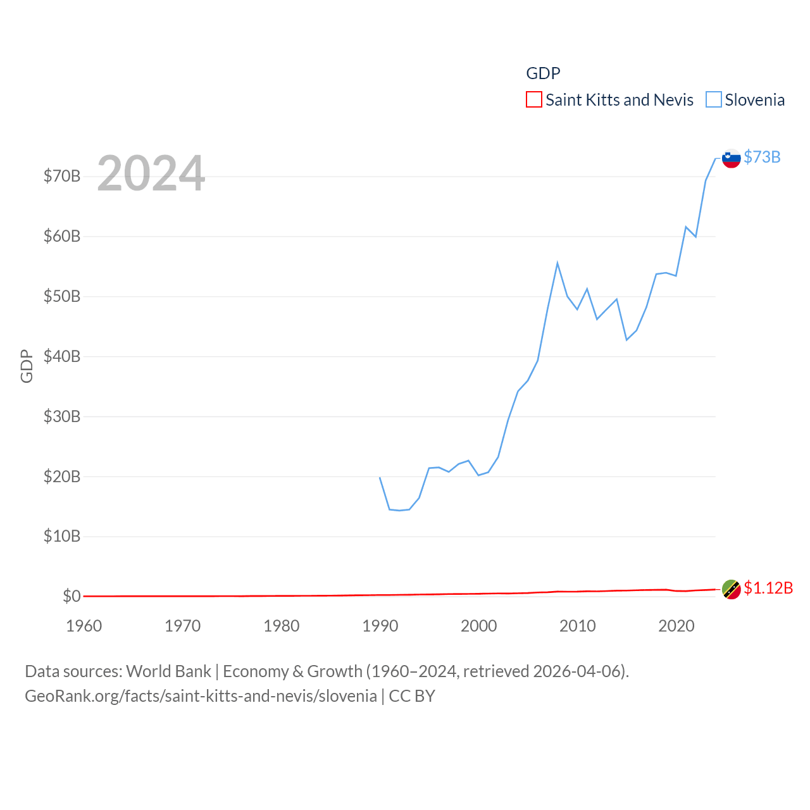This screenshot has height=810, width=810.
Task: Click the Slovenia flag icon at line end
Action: tap(731, 158)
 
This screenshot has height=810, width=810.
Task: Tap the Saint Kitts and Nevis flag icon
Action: tap(731, 589)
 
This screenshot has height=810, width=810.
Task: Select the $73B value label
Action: tap(762, 157)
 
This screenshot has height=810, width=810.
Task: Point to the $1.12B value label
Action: tap(768, 588)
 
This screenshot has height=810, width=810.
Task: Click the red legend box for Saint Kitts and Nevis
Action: tap(534, 100)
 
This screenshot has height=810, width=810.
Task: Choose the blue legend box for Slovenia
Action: tap(713, 100)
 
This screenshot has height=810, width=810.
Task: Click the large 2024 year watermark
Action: tap(151, 173)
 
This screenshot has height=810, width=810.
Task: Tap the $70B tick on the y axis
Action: tap(62, 176)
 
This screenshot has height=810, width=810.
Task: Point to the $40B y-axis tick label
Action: tap(62, 356)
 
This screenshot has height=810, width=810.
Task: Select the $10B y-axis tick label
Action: tap(62, 537)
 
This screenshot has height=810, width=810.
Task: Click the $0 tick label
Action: tap(72, 596)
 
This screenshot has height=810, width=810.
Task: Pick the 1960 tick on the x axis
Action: tap(84, 626)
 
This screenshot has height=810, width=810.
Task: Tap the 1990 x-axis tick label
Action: tap(380, 626)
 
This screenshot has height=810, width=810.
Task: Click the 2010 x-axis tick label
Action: tap(578, 626)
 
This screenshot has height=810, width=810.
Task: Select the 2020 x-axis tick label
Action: tap(676, 626)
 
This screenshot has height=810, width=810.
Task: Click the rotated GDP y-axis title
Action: tap(27, 366)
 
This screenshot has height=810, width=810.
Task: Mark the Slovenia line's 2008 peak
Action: tap(558, 263)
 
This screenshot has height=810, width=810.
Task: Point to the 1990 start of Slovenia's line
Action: tap(380, 477)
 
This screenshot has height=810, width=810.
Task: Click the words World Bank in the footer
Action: tap(169, 671)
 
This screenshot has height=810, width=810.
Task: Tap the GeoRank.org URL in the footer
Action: tap(201, 696)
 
